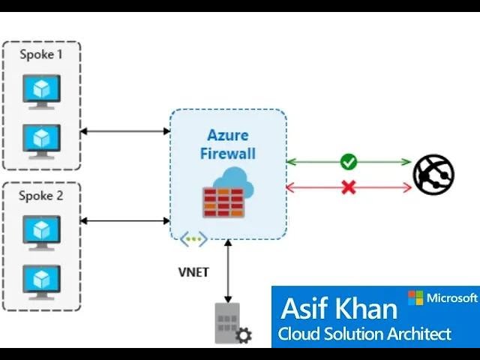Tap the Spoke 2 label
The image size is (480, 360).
[41, 196]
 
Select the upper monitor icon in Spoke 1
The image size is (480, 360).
[40, 90]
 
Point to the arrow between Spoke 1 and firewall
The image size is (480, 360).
[124, 131]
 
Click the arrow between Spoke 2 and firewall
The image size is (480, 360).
[124, 220]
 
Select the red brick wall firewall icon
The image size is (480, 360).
[223, 201]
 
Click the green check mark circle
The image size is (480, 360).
[348, 161]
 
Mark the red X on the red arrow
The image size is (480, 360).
[348, 187]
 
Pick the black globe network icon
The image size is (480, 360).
[433, 174]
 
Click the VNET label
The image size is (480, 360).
[193, 272]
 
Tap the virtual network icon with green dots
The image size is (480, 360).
[193, 239]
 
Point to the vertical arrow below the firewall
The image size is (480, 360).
[228, 270]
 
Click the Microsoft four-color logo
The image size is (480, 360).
[415, 298]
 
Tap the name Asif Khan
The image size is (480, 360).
[338, 309]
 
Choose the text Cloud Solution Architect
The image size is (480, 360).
[364, 334]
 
